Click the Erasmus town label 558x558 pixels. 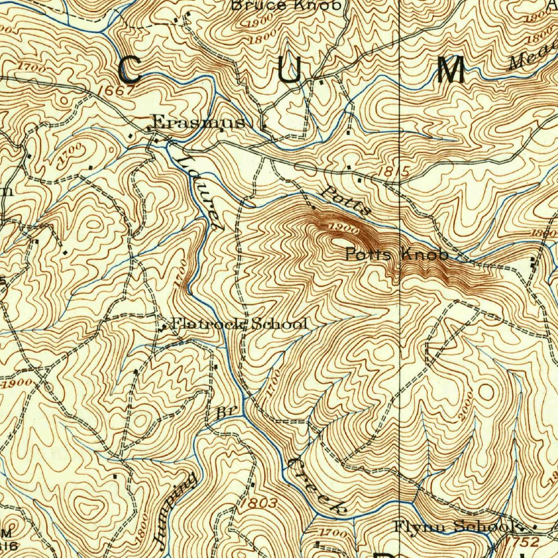coord(198,123)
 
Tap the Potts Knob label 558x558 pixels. coord(397,254)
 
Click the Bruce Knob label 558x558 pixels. coord(287,5)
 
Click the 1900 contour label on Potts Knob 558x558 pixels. coord(343,230)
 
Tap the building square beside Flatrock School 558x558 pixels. coord(165,327)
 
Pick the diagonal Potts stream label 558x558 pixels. coord(345,201)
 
